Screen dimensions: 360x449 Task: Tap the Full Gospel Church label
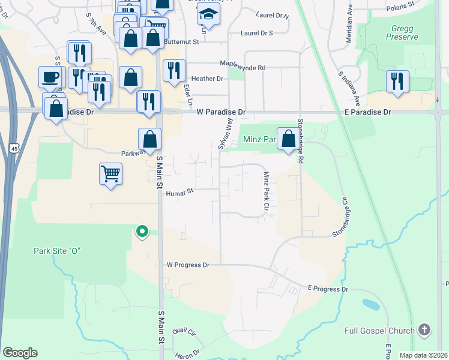(379, 331)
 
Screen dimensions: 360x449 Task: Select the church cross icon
(424, 330)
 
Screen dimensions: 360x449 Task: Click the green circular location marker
(142, 230)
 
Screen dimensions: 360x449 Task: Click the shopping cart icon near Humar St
(111, 174)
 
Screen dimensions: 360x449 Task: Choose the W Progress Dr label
(188, 265)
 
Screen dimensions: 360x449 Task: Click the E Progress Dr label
(328, 289)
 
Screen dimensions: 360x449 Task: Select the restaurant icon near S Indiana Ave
(397, 81)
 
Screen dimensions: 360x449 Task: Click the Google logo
(20, 353)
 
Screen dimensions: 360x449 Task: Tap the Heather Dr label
(207, 79)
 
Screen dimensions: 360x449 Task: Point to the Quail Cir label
(184, 332)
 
